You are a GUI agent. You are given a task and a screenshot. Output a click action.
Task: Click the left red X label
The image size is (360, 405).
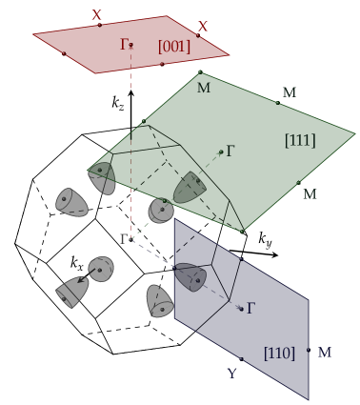pos(96,15)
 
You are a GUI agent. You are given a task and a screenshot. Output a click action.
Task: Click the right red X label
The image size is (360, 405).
pos(203,27)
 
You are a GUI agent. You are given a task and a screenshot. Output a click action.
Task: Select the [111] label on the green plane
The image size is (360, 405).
pos(300,140)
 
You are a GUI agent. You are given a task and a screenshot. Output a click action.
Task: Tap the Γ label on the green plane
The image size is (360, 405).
pos(230,151)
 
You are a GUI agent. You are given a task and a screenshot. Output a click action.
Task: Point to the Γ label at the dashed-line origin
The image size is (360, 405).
pos(123,238)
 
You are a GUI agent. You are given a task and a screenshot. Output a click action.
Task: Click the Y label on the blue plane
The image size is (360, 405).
pos(231,373)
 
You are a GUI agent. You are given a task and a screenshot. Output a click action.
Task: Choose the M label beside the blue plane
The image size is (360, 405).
pos(325,353)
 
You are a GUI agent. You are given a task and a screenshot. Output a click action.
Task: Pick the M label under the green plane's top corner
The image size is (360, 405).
pos(203,88)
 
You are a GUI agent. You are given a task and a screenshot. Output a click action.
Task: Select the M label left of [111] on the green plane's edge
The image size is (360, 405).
pos(289,92)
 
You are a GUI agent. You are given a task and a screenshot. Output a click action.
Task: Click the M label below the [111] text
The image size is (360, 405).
pos(310,194)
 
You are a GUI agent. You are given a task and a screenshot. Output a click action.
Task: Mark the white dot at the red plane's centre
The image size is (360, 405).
pos(131,44)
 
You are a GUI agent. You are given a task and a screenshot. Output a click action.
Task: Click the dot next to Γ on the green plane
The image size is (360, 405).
pos(221,151)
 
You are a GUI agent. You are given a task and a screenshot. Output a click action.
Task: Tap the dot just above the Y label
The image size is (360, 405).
pos(240,359)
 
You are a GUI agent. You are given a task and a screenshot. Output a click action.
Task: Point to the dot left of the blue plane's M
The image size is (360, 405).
pos(309,350)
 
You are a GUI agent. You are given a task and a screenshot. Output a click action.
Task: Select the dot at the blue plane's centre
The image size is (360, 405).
pos(241,308)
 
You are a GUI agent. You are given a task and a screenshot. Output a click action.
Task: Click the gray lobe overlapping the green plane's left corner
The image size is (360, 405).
pos(102,177)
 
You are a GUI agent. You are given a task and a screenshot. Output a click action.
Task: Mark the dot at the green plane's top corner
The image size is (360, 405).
pos(200,71)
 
